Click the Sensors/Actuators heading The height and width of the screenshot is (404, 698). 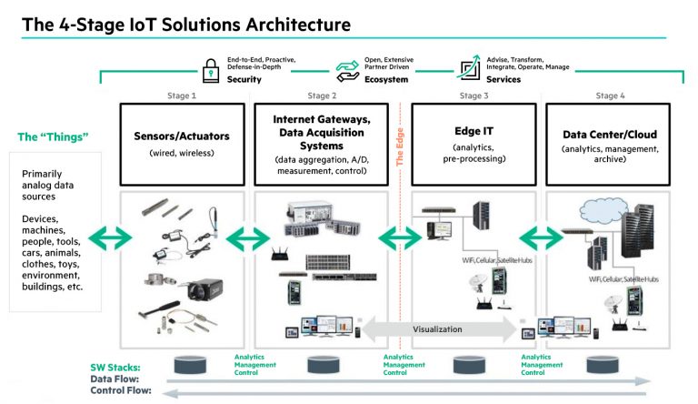tap(182, 136)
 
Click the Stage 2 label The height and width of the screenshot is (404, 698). tap(321, 96)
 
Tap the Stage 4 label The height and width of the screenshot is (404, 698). tap(610, 96)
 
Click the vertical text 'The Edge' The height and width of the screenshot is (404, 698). tap(399, 146)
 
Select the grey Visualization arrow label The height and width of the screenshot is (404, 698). tap(439, 329)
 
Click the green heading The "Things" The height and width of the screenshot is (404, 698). tap(53, 137)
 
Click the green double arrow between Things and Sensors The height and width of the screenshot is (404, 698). tap(110, 239)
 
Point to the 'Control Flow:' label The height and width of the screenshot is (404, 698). tap(120, 391)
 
